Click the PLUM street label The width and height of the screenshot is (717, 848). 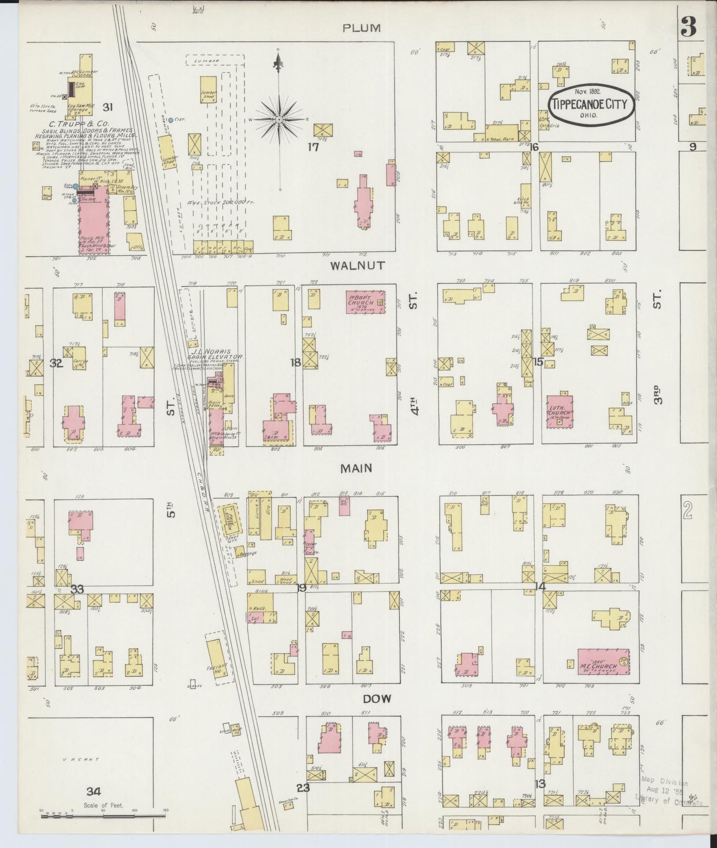click(362, 28)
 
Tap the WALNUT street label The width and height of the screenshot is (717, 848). click(357, 266)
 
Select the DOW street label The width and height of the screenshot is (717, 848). click(377, 699)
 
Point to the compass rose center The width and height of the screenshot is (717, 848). click(279, 120)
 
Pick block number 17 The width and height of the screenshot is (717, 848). click(312, 147)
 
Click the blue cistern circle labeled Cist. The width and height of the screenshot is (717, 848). click(171, 120)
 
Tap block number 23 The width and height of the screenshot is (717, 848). click(303, 787)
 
